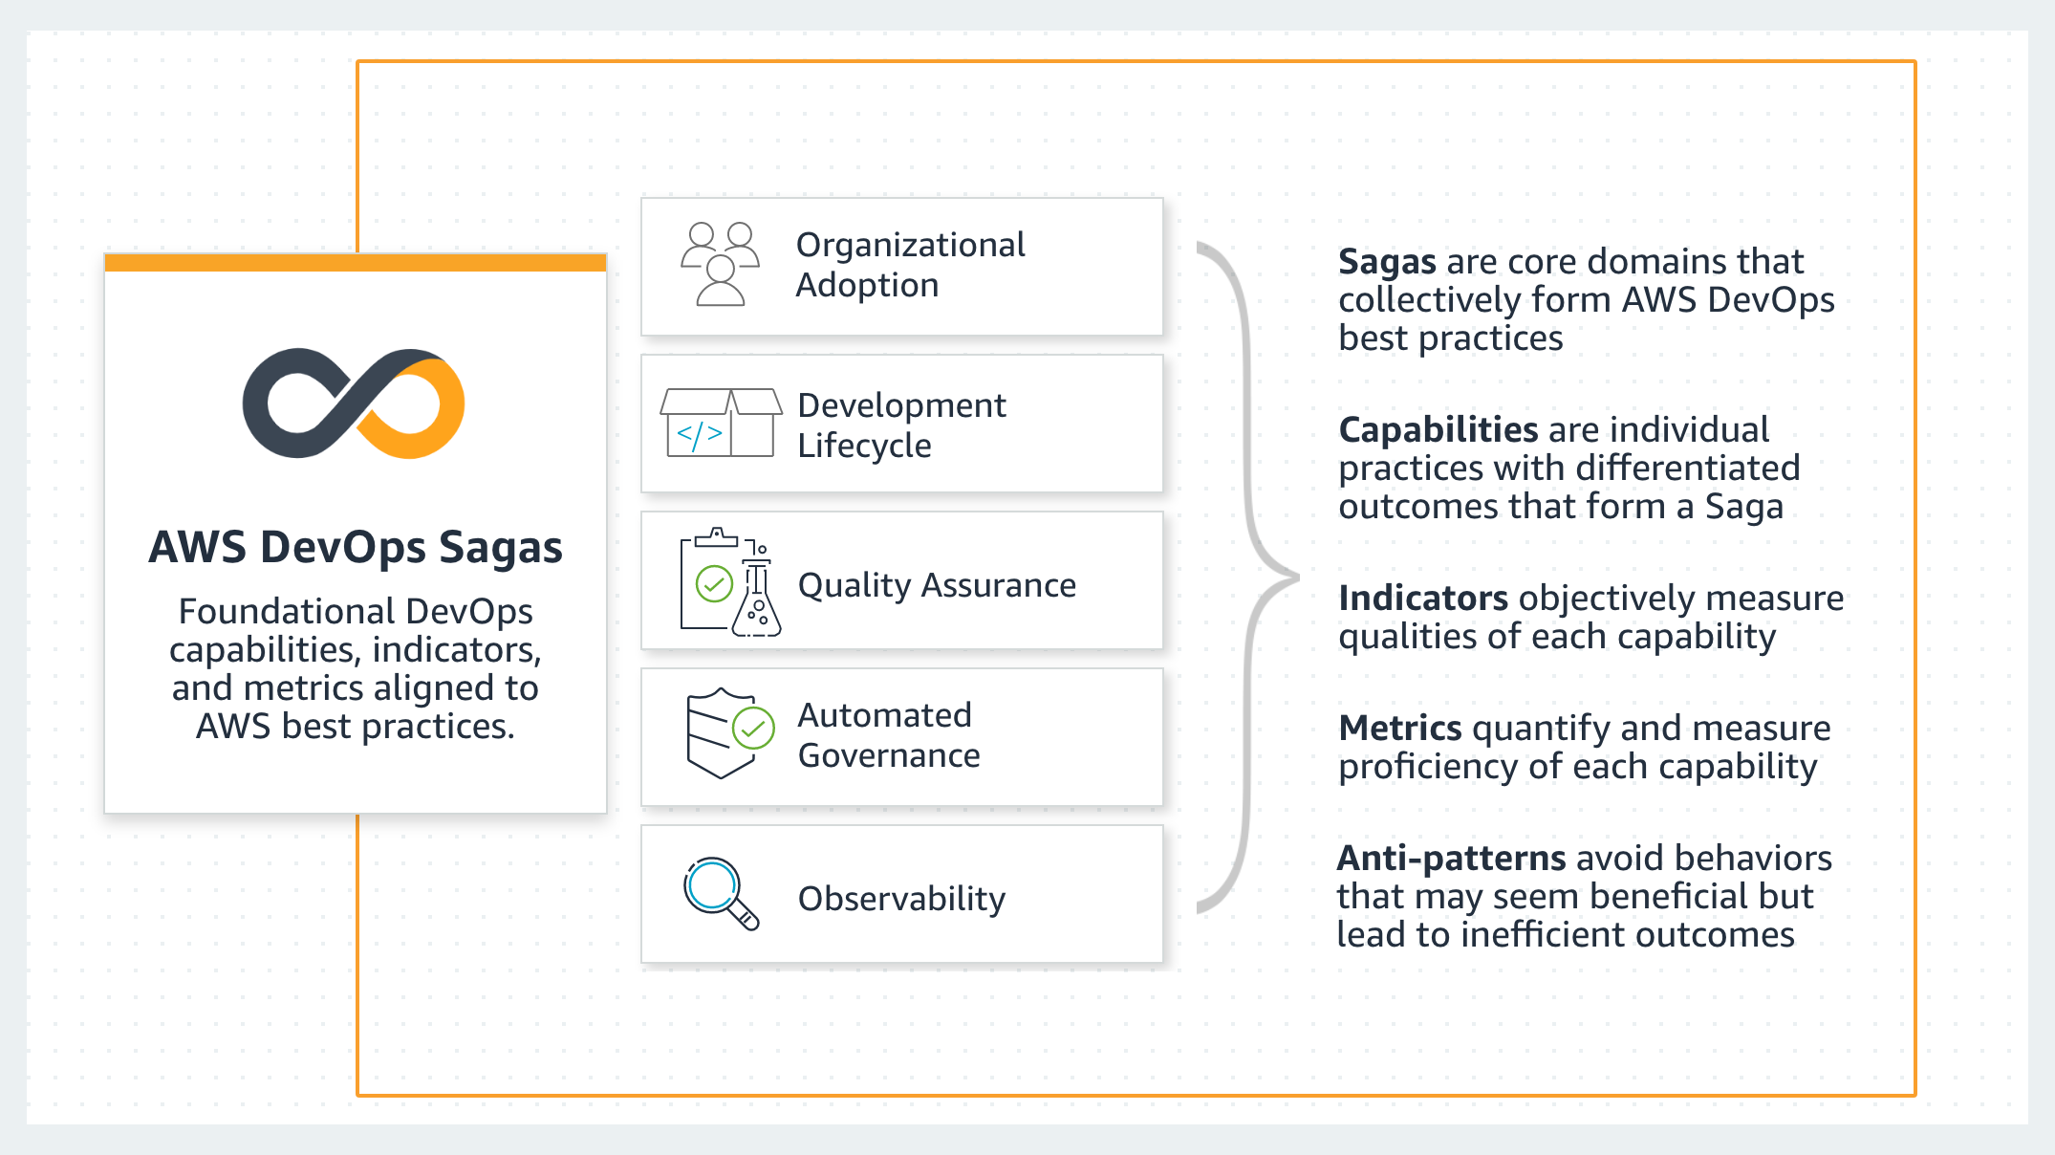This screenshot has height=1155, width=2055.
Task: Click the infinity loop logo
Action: pos(354,403)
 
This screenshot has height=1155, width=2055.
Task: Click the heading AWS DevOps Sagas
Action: pos(356,548)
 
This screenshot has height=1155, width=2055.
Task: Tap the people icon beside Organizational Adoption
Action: pos(720,264)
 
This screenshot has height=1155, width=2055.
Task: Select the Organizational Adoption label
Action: pos(910,265)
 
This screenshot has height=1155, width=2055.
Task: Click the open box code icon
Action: pos(720,423)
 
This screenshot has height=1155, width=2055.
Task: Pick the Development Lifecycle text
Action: pos(901,425)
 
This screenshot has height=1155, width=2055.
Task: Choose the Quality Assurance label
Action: pos(937,585)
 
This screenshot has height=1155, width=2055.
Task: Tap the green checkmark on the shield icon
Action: pos(753,730)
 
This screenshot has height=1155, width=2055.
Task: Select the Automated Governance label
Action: pos(889,735)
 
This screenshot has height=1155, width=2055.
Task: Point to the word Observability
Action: pos(901,899)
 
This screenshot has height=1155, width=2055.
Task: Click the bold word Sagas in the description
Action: pos(1387,262)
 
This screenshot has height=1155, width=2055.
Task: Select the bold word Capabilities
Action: pos(1438,430)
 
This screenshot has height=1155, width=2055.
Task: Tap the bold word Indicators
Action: pos(1422,599)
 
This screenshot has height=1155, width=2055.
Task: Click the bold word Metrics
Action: pos(1399,729)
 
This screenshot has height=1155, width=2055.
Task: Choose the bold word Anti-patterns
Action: pos(1450,859)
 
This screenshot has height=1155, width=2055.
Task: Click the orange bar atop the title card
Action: pos(356,263)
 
